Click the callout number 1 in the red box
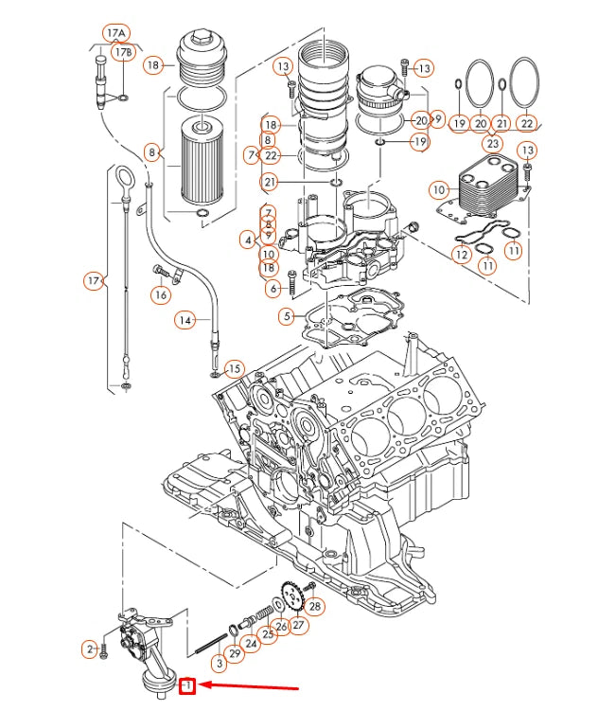click(188, 684)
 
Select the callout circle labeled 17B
click(124, 53)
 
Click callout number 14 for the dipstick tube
click(185, 320)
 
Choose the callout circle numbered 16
click(162, 295)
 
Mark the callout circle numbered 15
click(235, 368)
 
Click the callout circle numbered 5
click(287, 315)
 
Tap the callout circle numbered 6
click(273, 288)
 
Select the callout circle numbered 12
click(461, 254)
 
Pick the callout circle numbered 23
click(492, 144)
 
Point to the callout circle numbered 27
click(299, 625)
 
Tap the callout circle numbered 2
click(89, 649)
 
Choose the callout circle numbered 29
click(234, 654)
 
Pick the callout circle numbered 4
click(247, 240)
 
